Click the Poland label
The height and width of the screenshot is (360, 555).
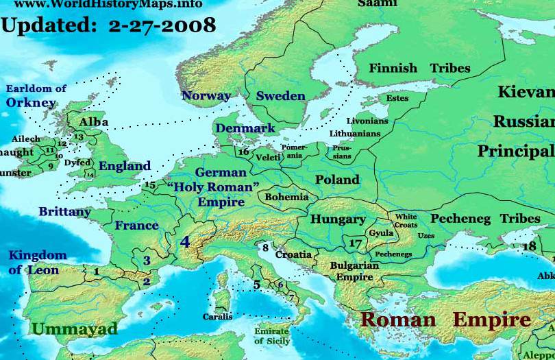[x=337, y=180]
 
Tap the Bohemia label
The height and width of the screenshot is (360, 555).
[x=286, y=197]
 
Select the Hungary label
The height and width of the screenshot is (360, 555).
[x=338, y=219]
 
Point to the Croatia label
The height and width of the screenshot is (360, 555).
[x=293, y=254]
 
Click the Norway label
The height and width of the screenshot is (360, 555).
[x=206, y=95]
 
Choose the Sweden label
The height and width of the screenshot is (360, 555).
[x=280, y=96]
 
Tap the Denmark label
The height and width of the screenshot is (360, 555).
[x=245, y=128]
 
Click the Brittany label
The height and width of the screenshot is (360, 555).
[x=64, y=212]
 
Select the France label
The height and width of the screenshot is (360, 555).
[x=136, y=225]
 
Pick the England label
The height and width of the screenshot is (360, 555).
[x=124, y=166]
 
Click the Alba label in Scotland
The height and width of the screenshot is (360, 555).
[x=94, y=122]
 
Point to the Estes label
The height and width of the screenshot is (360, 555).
[x=397, y=98]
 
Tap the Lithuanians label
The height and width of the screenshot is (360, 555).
[x=354, y=133]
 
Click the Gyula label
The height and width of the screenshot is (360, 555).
[x=381, y=233]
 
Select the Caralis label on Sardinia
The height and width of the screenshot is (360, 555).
[x=217, y=317]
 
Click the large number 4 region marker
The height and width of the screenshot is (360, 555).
[x=185, y=242]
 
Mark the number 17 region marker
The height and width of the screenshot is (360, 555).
[x=355, y=243]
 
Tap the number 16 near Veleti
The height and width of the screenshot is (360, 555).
[x=243, y=151]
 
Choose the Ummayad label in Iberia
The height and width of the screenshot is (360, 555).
[x=75, y=329]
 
